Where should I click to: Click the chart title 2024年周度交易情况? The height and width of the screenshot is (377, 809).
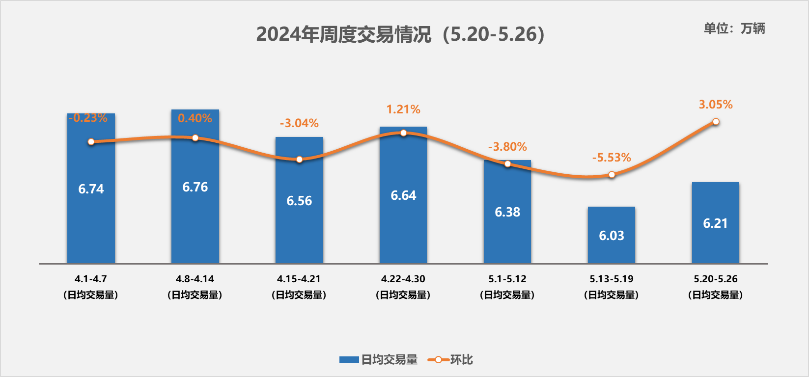(400, 34)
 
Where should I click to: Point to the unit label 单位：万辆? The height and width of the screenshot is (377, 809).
(734, 28)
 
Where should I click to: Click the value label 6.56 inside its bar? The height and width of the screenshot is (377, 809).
(299, 201)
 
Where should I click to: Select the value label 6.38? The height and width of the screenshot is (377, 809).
(507, 212)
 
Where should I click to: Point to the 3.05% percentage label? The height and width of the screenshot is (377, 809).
(715, 105)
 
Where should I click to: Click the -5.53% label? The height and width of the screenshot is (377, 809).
(611, 158)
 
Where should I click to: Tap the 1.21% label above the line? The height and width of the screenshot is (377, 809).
(403, 109)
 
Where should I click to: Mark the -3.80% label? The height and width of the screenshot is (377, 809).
(507, 147)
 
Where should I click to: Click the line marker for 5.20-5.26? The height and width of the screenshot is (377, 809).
(716, 121)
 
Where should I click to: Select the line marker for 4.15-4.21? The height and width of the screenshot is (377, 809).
(299, 159)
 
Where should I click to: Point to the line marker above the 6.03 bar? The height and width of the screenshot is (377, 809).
(612, 175)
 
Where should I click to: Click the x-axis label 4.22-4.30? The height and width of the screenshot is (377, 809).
(403, 279)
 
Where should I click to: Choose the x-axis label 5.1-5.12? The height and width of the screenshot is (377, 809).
(507, 279)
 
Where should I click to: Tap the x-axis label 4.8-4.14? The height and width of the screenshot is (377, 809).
(195, 279)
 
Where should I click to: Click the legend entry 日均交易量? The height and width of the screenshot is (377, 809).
(379, 360)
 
